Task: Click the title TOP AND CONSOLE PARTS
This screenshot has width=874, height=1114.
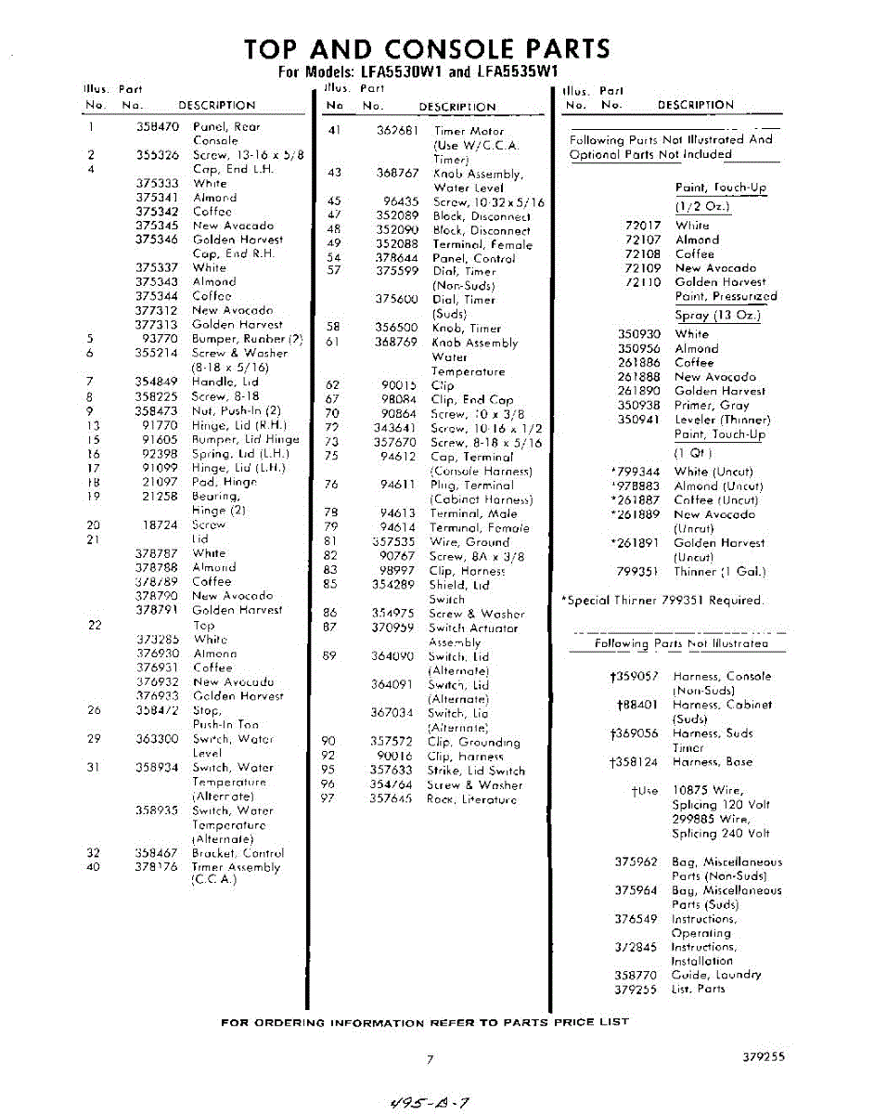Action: pyautogui.click(x=427, y=49)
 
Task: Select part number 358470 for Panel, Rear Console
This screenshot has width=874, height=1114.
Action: pyautogui.click(x=157, y=126)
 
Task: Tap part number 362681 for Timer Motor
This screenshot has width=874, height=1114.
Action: pyautogui.click(x=398, y=131)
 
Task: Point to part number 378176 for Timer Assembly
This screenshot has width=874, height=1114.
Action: pyautogui.click(x=157, y=867)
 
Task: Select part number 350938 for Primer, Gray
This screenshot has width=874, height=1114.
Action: pyautogui.click(x=639, y=406)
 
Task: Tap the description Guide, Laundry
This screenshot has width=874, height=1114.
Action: pyautogui.click(x=716, y=975)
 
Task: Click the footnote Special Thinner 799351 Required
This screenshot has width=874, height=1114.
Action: pyautogui.click(x=663, y=601)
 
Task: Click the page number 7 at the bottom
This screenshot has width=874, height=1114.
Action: pyautogui.click(x=430, y=1059)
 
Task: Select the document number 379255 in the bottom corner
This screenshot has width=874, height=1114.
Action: pyautogui.click(x=764, y=1056)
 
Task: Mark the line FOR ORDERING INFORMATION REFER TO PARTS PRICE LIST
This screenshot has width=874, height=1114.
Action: pyautogui.click(x=424, y=1022)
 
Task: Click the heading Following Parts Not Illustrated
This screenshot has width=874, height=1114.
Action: pyautogui.click(x=681, y=643)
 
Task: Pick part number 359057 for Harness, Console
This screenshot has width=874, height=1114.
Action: pyautogui.click(x=635, y=677)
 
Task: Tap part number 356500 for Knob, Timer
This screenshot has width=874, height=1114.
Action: pyautogui.click(x=397, y=328)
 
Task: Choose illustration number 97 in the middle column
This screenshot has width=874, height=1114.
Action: pyautogui.click(x=327, y=799)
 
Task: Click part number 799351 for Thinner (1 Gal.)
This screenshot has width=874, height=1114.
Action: pyautogui.click(x=639, y=572)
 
